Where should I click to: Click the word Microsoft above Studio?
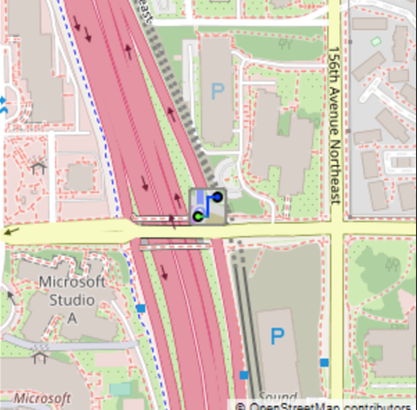pyautogui.click(x=70, y=282)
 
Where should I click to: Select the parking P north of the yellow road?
pyautogui.click(x=218, y=91)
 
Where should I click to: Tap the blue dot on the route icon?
pyautogui.click(x=217, y=197)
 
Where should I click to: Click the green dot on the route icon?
pyautogui.click(x=197, y=216)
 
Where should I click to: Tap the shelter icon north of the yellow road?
pyautogui.click(x=38, y=168)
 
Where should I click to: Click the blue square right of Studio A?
pyautogui.click(x=141, y=308)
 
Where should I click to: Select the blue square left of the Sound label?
pyautogui.click(x=245, y=375)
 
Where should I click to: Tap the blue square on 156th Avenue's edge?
pyautogui.click(x=324, y=362)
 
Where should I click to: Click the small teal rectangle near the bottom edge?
pyautogui.click(x=120, y=389)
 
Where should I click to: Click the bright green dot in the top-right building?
pyautogui.click(x=375, y=42)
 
